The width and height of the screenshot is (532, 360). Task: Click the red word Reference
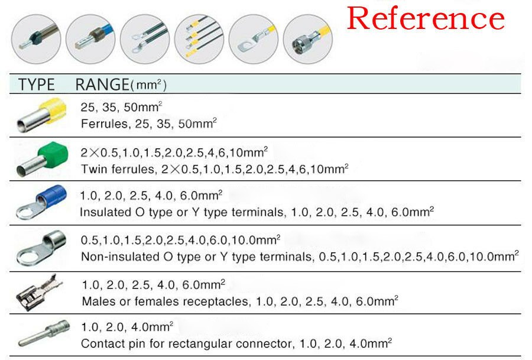coord(426,19)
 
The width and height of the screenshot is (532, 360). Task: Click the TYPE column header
coord(36,85)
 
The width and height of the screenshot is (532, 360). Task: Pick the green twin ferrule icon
coord(38,158)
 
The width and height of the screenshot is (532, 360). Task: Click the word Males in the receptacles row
coord(96,301)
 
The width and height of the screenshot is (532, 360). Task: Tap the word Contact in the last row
coord(99,343)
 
